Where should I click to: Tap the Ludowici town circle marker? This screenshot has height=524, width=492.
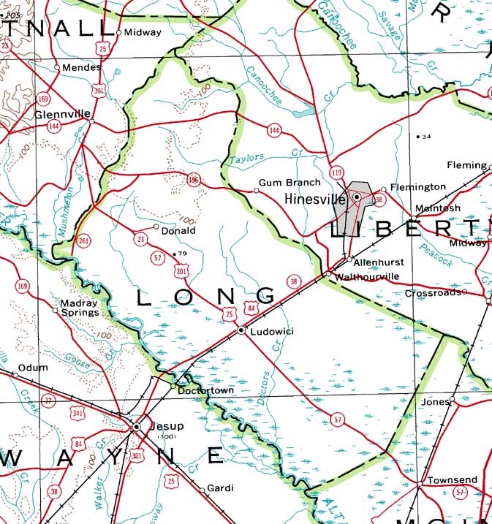[x=241, y=331]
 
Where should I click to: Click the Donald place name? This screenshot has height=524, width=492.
[x=178, y=230]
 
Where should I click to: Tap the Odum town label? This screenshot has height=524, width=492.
[x=32, y=368]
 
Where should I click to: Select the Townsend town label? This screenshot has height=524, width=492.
[x=452, y=480]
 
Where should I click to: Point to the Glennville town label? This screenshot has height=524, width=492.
[x=62, y=115]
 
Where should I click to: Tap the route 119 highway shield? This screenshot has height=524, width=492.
[x=336, y=172]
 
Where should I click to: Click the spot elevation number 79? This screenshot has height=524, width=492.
[x=183, y=254]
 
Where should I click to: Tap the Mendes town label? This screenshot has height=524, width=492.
[x=78, y=67]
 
